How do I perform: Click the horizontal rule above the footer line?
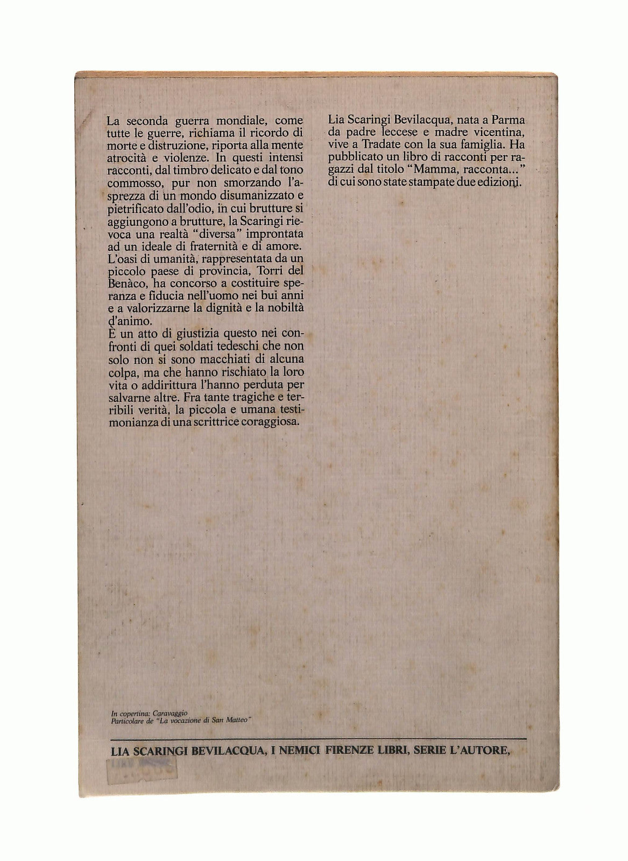[x=317, y=739]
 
